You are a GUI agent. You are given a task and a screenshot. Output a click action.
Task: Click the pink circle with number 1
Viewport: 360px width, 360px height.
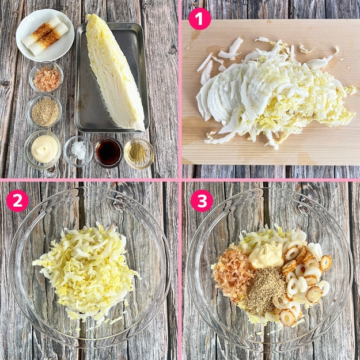coord(199,19)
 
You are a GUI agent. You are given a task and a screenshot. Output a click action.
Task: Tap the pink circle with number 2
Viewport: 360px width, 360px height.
coord(17,200)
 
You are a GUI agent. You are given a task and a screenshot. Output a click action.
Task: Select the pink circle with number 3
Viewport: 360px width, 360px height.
coord(202,200)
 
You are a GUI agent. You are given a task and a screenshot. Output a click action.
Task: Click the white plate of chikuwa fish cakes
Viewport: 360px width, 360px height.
coord(45,35)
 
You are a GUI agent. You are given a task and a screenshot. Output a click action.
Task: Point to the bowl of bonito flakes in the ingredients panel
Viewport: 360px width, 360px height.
coord(46,77)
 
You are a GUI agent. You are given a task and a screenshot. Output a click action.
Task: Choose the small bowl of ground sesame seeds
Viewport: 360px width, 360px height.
coord(44,111)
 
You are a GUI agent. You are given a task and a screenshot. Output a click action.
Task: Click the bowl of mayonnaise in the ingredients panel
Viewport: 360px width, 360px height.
coord(43,149)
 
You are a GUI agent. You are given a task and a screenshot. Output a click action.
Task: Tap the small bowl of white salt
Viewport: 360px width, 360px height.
coord(78,151)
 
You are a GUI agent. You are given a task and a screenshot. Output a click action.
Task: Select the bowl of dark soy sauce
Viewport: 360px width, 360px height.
coord(108,153)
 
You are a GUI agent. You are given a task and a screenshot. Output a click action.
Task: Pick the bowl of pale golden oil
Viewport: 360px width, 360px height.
coord(139,153)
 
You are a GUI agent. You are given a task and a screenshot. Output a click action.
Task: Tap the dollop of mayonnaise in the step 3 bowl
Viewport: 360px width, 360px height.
coord(267,255)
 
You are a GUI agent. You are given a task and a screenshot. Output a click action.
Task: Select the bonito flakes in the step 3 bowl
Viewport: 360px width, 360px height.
coord(232,273)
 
